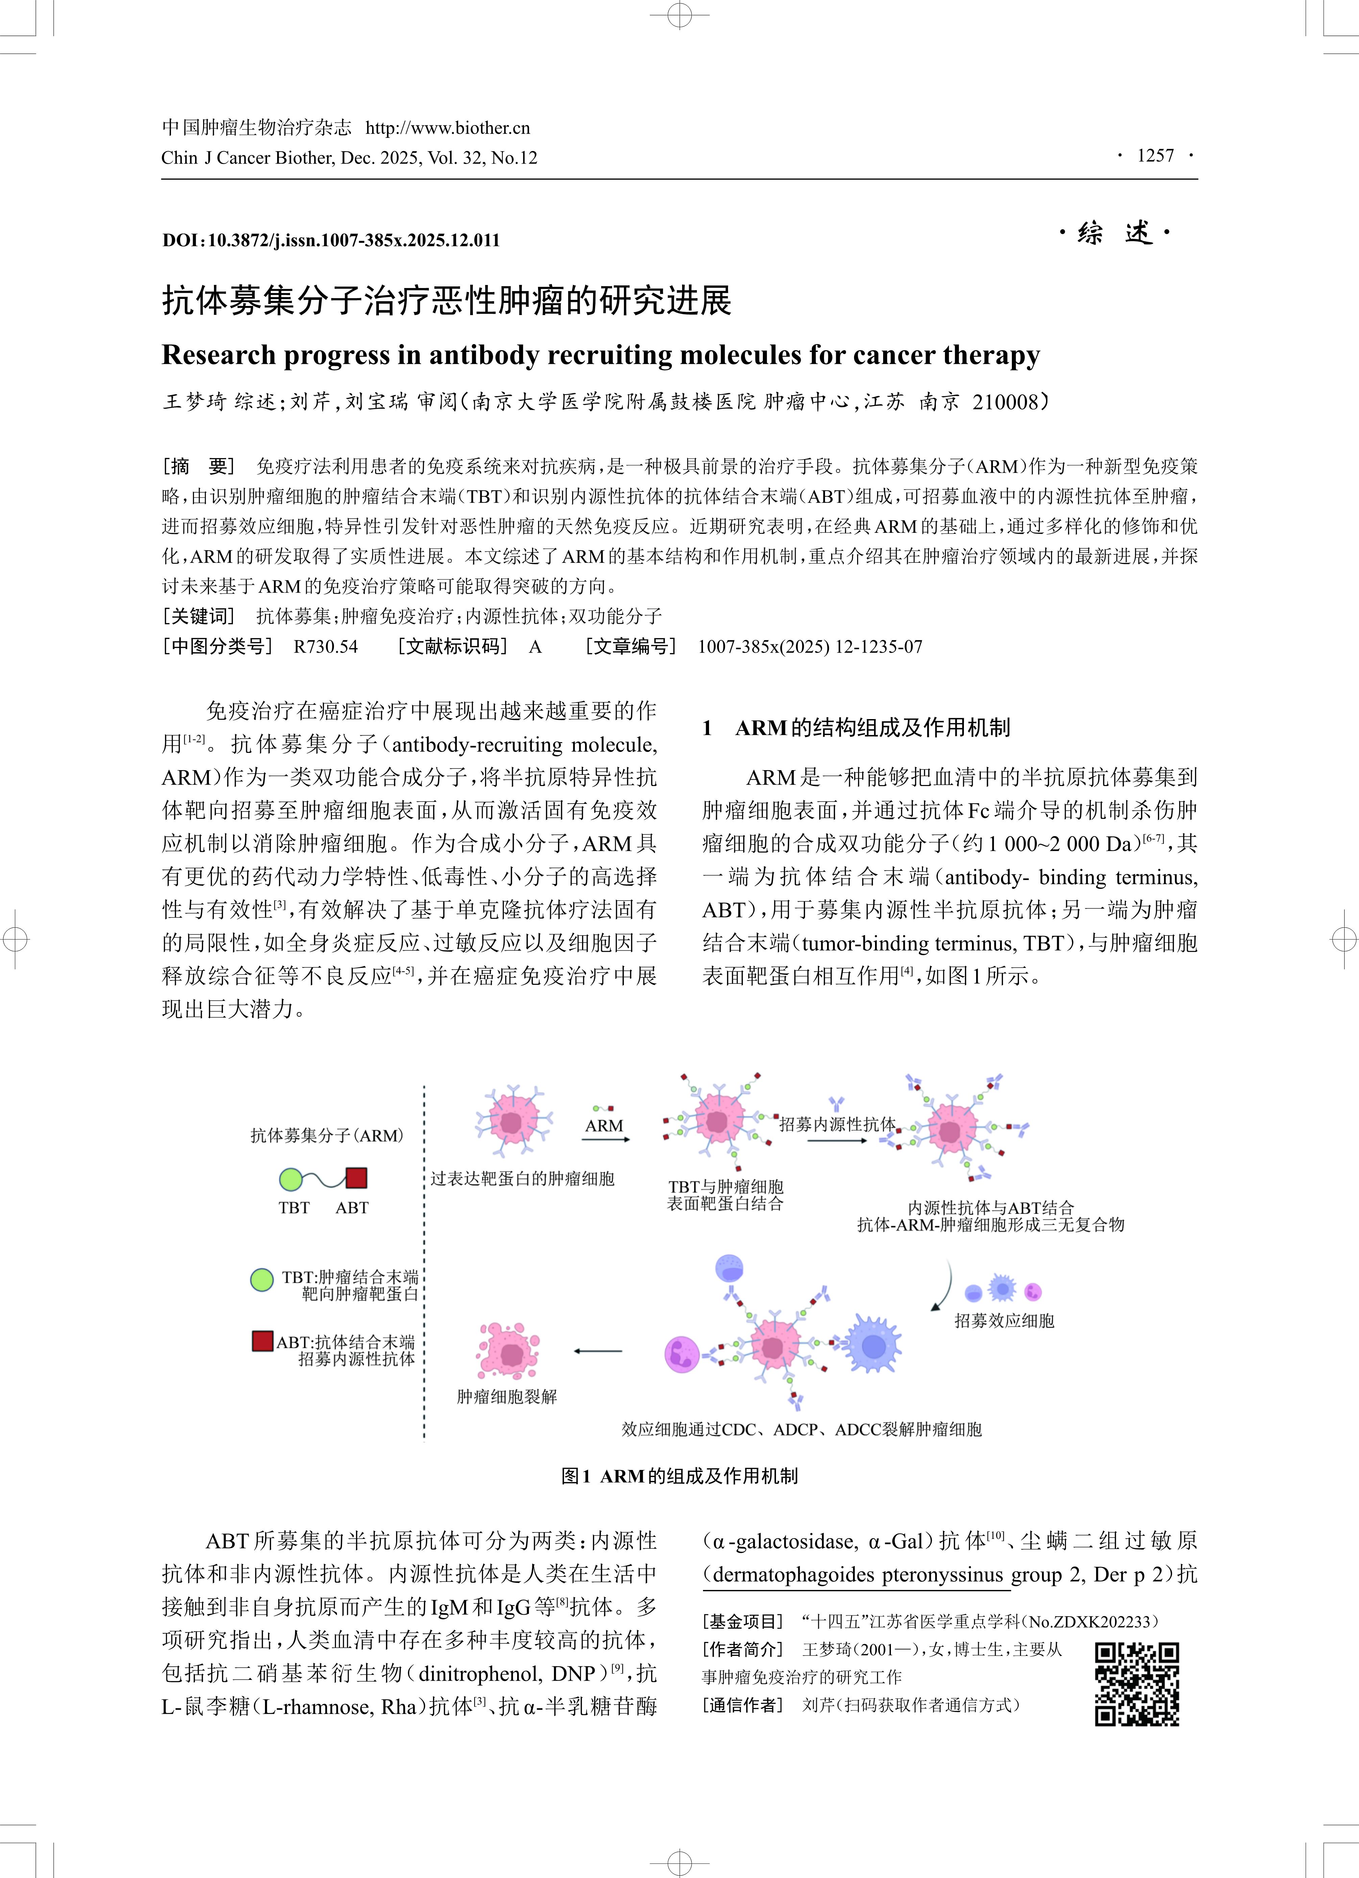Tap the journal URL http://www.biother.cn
tap(448, 127)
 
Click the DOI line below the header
tap(331, 240)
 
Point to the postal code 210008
tap(1005, 402)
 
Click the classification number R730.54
tap(325, 647)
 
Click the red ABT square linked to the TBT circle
tap(356, 1178)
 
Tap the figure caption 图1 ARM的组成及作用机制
tap(679, 1476)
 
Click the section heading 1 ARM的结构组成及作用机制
tap(857, 728)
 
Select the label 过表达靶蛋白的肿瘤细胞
tap(522, 1178)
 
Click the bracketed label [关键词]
tap(199, 616)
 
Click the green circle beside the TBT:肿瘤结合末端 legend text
tap(262, 1279)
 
